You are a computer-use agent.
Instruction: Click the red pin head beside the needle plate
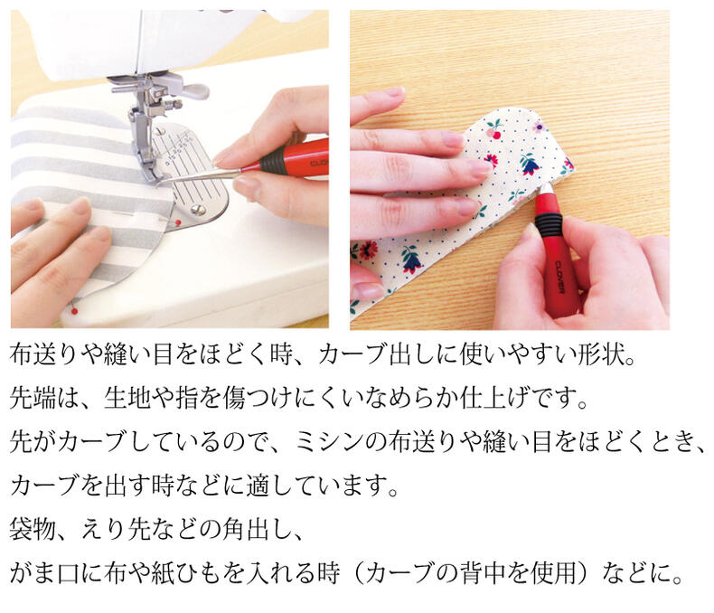pyautogui.click(x=178, y=222)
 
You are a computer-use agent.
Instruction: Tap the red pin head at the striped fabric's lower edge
pyautogui.click(x=74, y=311)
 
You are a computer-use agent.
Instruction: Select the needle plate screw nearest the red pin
pyautogui.click(x=197, y=210)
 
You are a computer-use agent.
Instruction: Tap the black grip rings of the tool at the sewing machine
pyautogui.click(x=269, y=163)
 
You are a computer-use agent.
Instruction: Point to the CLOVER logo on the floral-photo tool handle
pyautogui.click(x=560, y=278)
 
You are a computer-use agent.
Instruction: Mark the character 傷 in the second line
pyautogui.click(x=234, y=398)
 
